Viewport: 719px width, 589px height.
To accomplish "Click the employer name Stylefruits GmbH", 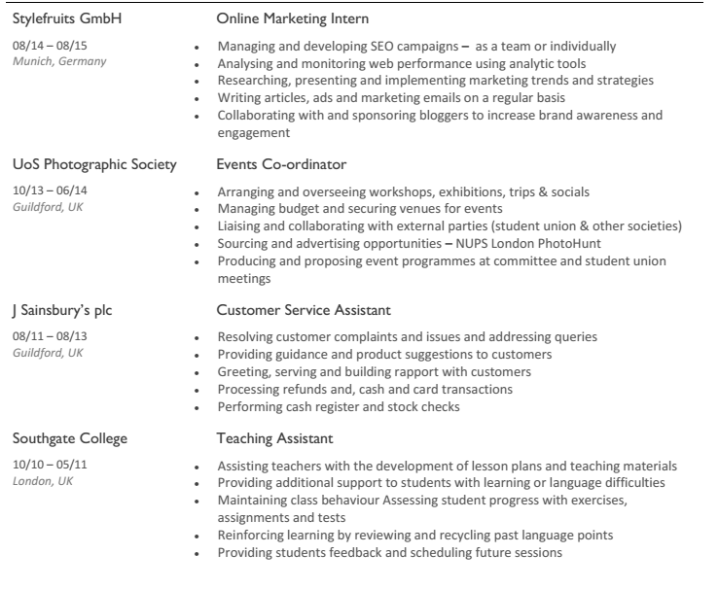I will (67, 18).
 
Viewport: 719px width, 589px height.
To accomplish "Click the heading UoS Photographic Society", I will (93, 164).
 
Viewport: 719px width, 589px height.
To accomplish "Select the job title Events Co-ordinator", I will (281, 164).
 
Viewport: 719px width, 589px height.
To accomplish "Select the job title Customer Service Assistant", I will (304, 310).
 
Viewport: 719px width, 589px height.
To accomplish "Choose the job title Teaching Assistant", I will (274, 438).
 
